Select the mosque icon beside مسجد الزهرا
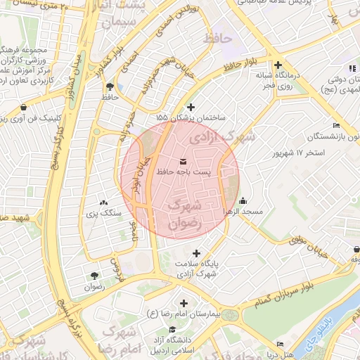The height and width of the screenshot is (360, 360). point(243,200)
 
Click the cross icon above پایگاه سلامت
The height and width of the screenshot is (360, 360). point(196,253)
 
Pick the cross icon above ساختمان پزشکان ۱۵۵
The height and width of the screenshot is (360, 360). point(191,106)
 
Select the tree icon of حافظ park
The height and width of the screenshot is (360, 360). point(110,87)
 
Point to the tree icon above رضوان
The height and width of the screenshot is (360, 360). point(94,276)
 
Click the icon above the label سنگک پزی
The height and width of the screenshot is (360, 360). point(105,200)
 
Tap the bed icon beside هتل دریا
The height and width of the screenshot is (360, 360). point(281,344)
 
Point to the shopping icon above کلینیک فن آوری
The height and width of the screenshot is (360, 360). point(25,108)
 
